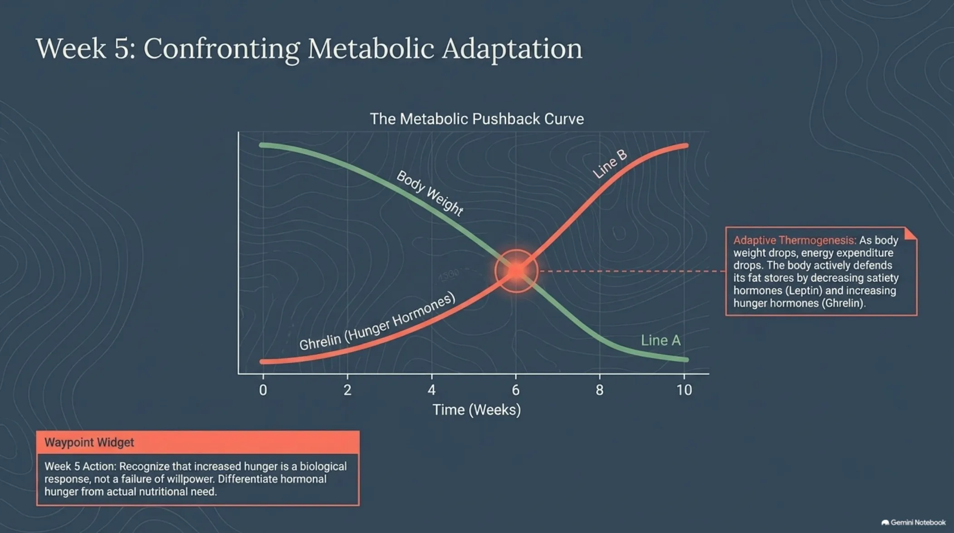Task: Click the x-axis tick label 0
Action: (x=263, y=390)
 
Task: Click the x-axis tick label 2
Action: (x=347, y=390)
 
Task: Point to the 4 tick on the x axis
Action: (x=431, y=390)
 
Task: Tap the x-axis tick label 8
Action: (x=600, y=390)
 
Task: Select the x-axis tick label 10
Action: (x=684, y=390)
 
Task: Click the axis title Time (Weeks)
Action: (x=476, y=410)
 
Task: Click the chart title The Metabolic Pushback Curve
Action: (x=477, y=119)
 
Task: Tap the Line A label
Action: (x=660, y=340)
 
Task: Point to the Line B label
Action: (x=610, y=164)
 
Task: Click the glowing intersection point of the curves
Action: (x=516, y=271)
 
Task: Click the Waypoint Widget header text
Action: (x=89, y=442)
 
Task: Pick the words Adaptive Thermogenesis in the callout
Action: (x=795, y=240)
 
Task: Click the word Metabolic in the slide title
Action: (x=371, y=48)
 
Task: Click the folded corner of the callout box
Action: (x=911, y=233)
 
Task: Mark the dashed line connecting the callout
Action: (x=632, y=271)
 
